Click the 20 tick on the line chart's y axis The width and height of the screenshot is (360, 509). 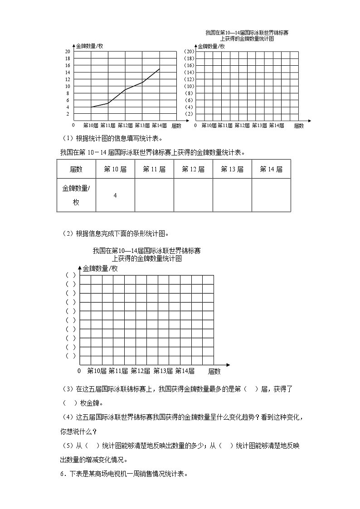pos(68,52)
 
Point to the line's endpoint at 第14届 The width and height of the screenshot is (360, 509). pos(159,69)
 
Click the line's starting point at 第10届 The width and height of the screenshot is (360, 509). pos(91,107)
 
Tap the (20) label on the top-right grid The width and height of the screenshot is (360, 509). pos(190,52)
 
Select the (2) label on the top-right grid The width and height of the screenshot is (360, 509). pos(190,114)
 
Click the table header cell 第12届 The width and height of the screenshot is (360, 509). pos(193,169)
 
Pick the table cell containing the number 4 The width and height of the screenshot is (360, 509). pos(115,195)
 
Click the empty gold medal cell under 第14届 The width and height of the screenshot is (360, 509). pos(271,195)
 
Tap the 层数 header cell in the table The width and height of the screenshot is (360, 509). pos(76,169)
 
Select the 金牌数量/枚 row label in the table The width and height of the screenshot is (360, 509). pos(76,195)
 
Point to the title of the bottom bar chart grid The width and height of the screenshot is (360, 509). pos(146,254)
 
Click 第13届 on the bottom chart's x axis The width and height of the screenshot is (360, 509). pos(163,371)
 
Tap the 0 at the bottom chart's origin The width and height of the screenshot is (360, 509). pos(79,371)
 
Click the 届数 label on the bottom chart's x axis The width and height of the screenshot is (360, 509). pos(214,371)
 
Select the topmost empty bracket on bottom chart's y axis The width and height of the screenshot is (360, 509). pos(71,275)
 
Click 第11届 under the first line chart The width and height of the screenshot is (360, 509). pos(108,125)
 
